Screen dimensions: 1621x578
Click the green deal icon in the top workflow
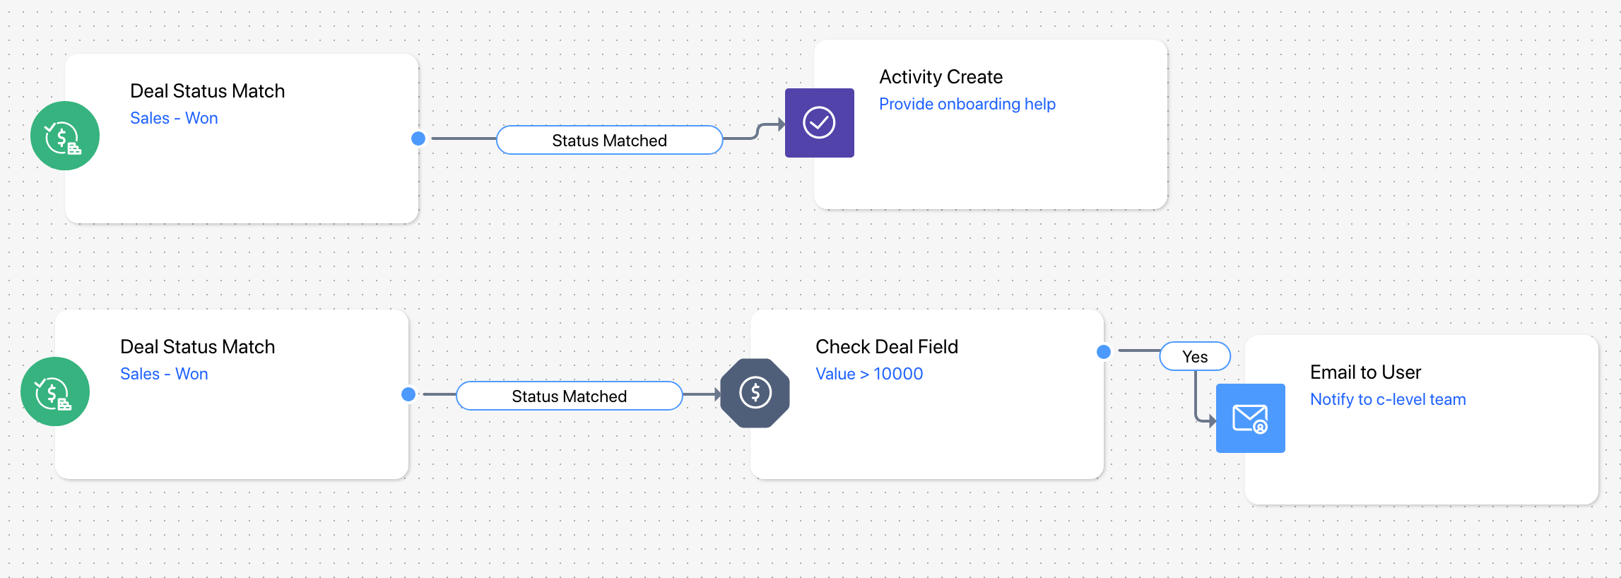pyautogui.click(x=65, y=136)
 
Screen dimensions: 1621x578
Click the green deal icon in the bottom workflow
pyautogui.click(x=55, y=391)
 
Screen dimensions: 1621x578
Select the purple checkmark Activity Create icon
pyautogui.click(x=820, y=123)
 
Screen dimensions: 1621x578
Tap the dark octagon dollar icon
pyautogui.click(x=755, y=393)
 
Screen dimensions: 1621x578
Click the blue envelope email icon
pyautogui.click(x=1251, y=418)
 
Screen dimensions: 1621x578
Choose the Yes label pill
pyautogui.click(x=1195, y=357)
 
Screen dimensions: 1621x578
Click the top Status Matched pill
pyautogui.click(x=609, y=140)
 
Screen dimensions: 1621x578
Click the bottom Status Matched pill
pyautogui.click(x=570, y=396)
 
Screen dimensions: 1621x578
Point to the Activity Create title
pyautogui.click(x=941, y=77)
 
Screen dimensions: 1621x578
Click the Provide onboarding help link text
pyautogui.click(x=967, y=104)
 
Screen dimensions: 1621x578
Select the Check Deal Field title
pyautogui.click(x=887, y=347)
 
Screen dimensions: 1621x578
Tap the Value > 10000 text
pyautogui.click(x=869, y=374)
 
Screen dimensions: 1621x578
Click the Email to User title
pyautogui.click(x=1365, y=372)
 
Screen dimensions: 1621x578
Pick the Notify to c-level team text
pyautogui.click(x=1388, y=399)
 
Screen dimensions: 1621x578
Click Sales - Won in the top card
pyautogui.click(x=174, y=118)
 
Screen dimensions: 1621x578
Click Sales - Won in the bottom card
pyautogui.click(x=164, y=374)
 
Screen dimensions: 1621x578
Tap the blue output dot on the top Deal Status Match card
pyautogui.click(x=418, y=138)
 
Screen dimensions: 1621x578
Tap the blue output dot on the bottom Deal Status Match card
pyautogui.click(x=408, y=394)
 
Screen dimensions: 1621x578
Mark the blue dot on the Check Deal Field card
pyautogui.click(x=1104, y=352)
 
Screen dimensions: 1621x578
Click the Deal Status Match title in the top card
pyautogui.click(x=208, y=91)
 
